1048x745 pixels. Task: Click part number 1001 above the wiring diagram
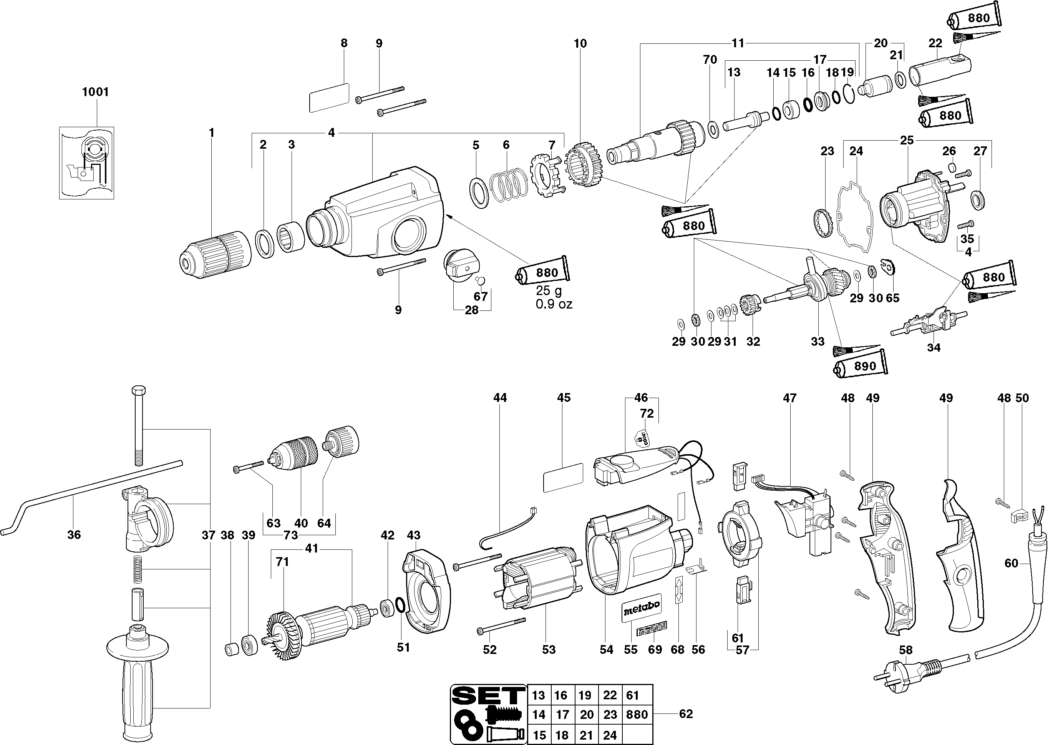tap(95, 92)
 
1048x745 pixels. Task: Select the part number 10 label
tap(580, 43)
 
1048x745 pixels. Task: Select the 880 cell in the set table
tap(637, 714)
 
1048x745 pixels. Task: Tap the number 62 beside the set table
tap(686, 714)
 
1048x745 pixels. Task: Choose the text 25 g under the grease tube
tap(549, 291)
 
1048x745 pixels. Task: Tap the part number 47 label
tap(789, 398)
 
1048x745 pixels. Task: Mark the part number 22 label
tap(935, 43)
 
